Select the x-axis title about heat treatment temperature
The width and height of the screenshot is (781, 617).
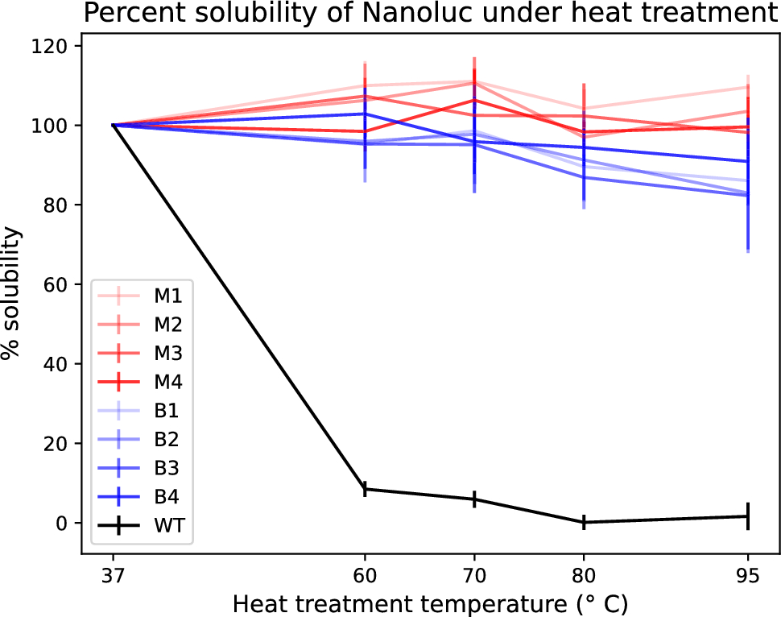pyautogui.click(x=430, y=603)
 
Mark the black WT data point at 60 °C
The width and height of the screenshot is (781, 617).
pyautogui.click(x=366, y=489)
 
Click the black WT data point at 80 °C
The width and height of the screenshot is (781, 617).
pyautogui.click(x=584, y=522)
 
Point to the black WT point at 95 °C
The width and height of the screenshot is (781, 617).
pyautogui.click(x=749, y=516)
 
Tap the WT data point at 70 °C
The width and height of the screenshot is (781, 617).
pyautogui.click(x=474, y=499)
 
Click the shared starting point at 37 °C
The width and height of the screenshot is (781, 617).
pyautogui.click(x=114, y=126)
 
